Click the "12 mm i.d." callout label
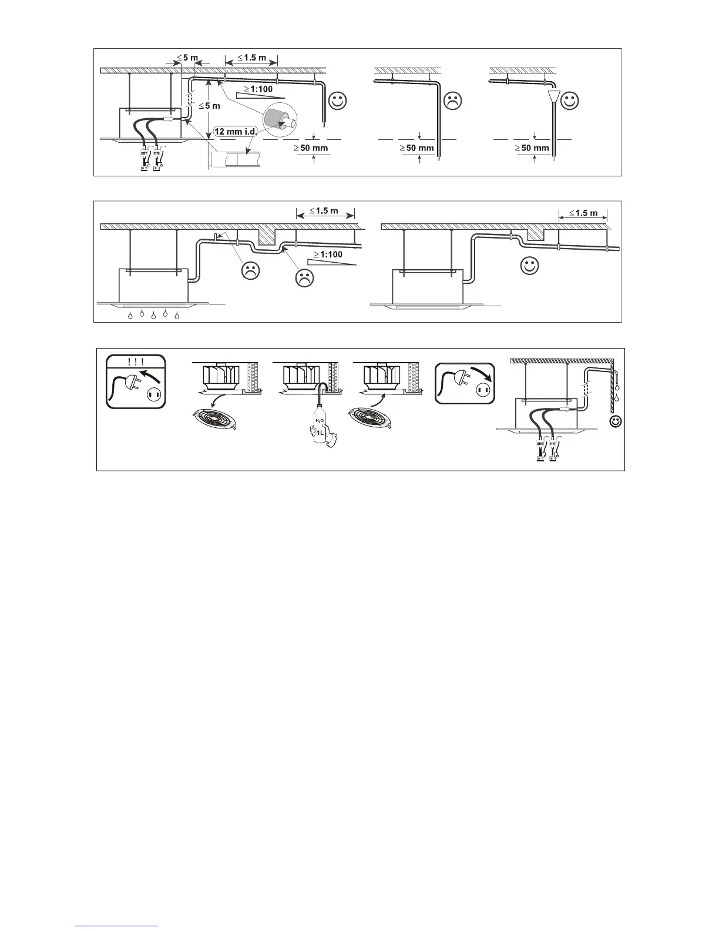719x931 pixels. coord(236,132)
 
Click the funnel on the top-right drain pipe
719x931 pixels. coord(553,97)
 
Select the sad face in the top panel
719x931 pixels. coord(452,101)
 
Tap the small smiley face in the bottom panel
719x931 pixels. coord(616,421)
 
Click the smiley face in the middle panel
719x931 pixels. coord(530,266)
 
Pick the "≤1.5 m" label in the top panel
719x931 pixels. coord(252,58)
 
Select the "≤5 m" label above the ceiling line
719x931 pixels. coord(188,58)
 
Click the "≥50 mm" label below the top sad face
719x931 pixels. coord(417,148)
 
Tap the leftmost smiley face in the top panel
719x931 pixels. coord(338,101)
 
